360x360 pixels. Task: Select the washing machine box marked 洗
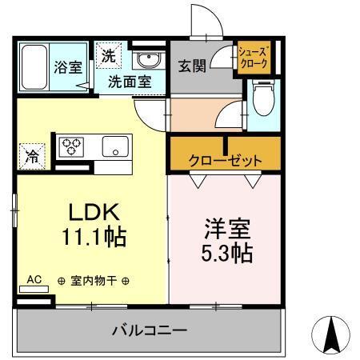tap(108, 55)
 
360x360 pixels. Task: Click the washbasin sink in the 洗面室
tap(146, 61)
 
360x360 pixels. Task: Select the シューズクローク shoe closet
tap(252, 59)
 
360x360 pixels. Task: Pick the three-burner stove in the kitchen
tap(73, 147)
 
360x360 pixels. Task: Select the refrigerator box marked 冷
tap(30, 155)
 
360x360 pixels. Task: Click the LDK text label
tap(94, 212)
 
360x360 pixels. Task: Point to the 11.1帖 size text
tap(94, 237)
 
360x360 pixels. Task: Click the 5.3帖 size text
tap(226, 253)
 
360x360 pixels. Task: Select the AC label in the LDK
tap(34, 279)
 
